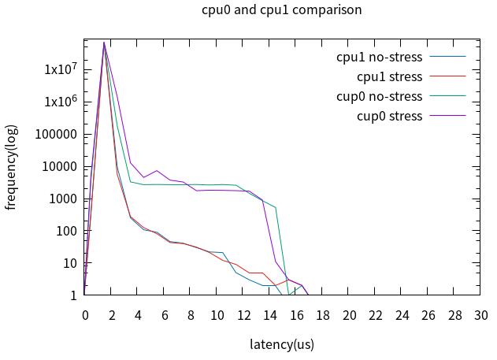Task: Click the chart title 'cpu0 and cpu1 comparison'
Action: click(282, 10)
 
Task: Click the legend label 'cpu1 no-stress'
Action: click(379, 57)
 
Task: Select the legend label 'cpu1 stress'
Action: click(389, 76)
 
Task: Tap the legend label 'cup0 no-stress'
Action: click(379, 96)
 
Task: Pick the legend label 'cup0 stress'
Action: click(389, 116)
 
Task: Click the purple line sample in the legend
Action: click(447, 116)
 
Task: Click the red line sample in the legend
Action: click(447, 76)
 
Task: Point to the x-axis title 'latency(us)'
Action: click(282, 344)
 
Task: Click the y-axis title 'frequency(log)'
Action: click(11, 167)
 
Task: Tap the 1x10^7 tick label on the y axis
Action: click(60, 69)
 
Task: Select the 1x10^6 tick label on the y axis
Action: click(60, 102)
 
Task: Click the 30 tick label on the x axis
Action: click(480, 315)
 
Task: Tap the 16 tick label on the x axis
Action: click(296, 315)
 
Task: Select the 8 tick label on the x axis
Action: click(191, 315)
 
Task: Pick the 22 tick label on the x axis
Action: click(375, 315)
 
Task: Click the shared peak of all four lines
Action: click(104, 43)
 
